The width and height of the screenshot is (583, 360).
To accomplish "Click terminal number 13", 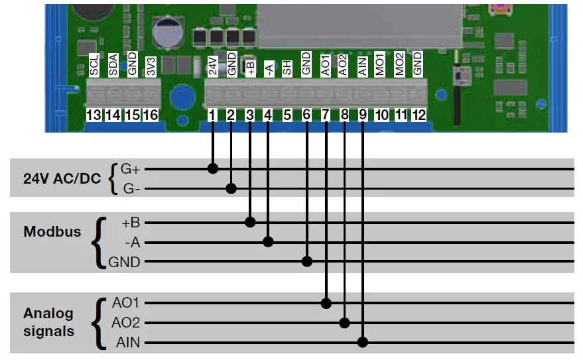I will click(x=94, y=115).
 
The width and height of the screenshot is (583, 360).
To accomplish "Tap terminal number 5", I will click(x=287, y=115).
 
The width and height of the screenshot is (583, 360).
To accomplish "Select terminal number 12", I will click(x=418, y=115).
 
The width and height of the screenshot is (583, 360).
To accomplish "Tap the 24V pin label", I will click(x=213, y=66).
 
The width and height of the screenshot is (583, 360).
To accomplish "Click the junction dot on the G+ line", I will click(x=213, y=168).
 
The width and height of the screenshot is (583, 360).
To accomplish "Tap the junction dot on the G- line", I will click(x=231, y=189).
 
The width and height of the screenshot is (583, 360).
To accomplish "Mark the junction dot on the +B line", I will click(x=250, y=222).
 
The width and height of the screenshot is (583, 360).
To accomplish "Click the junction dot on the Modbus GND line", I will click(x=307, y=262).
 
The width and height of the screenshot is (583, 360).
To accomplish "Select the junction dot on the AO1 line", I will click(x=326, y=303).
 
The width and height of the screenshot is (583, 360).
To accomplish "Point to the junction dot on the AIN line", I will click(x=362, y=342).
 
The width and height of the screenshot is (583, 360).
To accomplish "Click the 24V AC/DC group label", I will click(x=60, y=178).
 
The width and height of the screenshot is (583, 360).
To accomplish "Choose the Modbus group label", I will click(x=52, y=232).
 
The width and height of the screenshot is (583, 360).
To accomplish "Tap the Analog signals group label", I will click(x=49, y=322).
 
